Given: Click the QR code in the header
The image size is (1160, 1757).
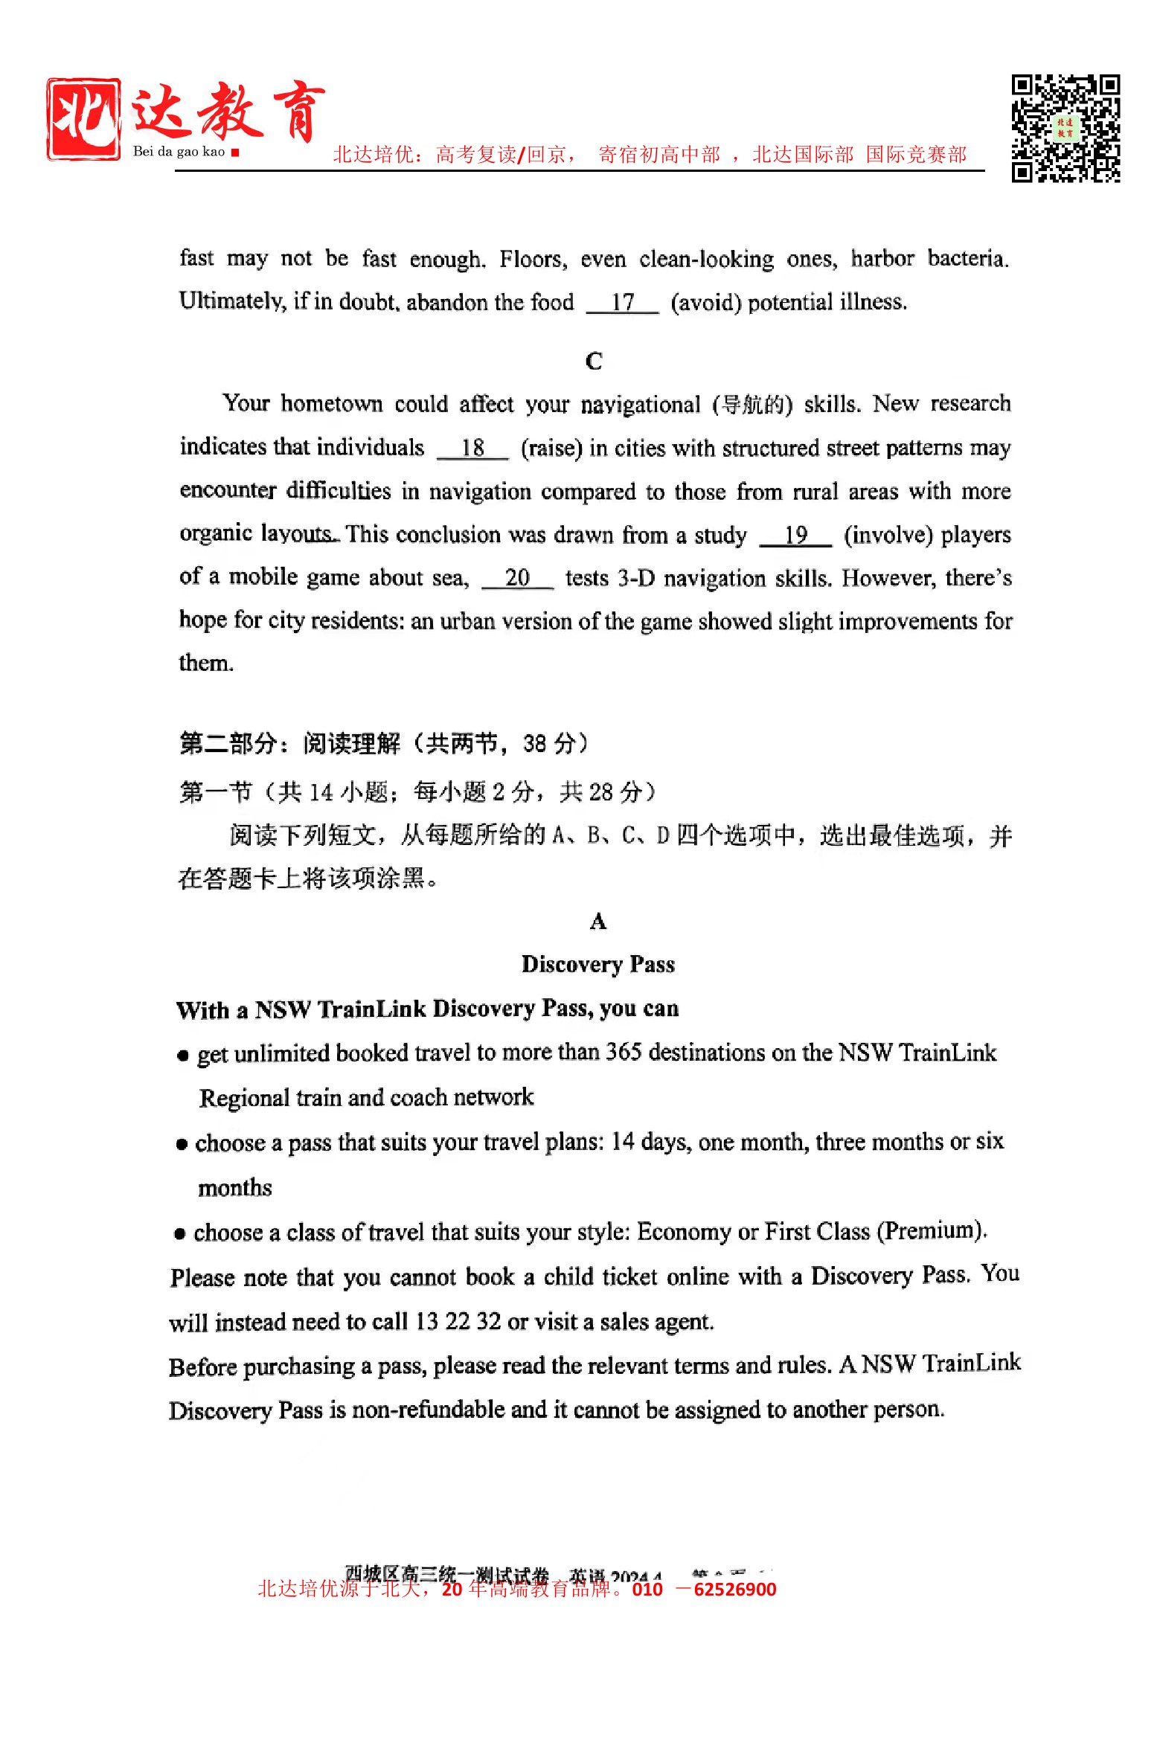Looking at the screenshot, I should pyautogui.click(x=1065, y=128).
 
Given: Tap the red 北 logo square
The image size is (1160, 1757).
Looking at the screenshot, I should pyautogui.click(x=83, y=118).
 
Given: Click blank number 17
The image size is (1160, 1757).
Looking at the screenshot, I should pyautogui.click(x=622, y=303).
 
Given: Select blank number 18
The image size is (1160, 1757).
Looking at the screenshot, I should pyautogui.click(x=472, y=448).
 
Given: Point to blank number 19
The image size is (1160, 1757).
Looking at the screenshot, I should pyautogui.click(x=795, y=535).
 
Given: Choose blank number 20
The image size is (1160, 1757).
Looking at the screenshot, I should pyautogui.click(x=517, y=578).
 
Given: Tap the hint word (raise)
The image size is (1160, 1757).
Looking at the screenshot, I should pyautogui.click(x=551, y=449).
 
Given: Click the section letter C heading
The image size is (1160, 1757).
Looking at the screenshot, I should pyautogui.click(x=594, y=362).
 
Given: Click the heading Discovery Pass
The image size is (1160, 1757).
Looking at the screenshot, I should pyautogui.click(x=597, y=964).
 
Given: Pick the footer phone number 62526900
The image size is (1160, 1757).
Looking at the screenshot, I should pyautogui.click(x=734, y=1590).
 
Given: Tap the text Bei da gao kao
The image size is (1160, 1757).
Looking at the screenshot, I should pyautogui.click(x=179, y=152).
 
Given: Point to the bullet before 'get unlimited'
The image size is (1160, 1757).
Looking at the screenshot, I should pyautogui.click(x=183, y=1056).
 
